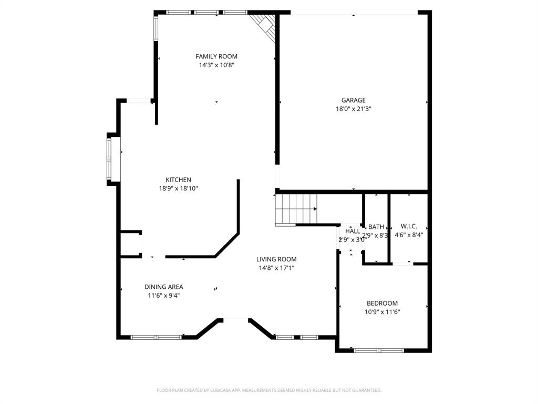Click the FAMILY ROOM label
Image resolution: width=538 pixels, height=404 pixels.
[216, 56]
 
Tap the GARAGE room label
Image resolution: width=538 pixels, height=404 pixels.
[353, 100]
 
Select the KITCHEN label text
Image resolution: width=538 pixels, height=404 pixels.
[178, 180]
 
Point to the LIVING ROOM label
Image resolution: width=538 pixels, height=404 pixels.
[276, 259]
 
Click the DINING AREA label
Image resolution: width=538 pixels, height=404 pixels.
[164, 287]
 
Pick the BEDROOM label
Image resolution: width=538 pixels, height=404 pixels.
[382, 303]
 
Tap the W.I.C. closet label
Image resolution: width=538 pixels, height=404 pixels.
[409, 226]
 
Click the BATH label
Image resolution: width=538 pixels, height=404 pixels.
[376, 227]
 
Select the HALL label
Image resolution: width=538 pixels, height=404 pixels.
[353, 231]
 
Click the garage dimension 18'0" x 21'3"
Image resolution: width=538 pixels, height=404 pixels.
[353, 109]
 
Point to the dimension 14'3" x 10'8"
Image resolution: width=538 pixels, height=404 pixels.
[216, 65]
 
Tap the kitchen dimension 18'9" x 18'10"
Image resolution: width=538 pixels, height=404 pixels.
[178, 188]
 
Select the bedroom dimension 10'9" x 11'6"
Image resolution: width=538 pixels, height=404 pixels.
[382, 311]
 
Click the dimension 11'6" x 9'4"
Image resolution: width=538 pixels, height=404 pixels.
[164, 296]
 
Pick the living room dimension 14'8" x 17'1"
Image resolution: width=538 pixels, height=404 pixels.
[276, 268]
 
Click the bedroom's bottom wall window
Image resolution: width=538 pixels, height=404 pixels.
[379, 350]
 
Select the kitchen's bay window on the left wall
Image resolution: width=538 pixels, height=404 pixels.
[109, 158]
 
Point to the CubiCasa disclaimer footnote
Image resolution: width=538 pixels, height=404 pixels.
[269, 390]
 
